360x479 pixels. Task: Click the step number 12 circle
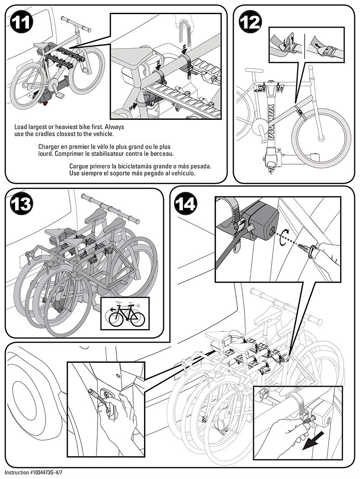coord(251,22)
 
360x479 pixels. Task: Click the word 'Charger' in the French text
coord(51,147)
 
